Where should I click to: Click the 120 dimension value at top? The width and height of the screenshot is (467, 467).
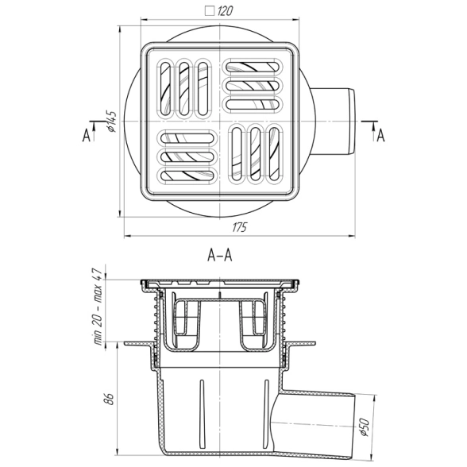[225, 11]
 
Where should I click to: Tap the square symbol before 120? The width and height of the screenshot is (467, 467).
[210, 11]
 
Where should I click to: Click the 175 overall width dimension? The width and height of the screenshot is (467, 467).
[240, 227]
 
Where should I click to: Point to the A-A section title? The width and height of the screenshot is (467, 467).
[220, 255]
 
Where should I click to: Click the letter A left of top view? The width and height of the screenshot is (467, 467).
[87, 136]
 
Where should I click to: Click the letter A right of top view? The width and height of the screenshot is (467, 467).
[381, 136]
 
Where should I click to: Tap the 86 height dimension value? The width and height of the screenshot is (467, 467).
[110, 399]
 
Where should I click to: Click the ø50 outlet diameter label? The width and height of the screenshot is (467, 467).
[365, 427]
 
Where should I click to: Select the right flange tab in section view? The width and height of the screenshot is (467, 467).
[300, 344]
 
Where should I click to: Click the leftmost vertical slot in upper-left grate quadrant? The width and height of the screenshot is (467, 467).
[165, 88]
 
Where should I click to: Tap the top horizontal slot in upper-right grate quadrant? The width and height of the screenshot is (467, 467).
[253, 67]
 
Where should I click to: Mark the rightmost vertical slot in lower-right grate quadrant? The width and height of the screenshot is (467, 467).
[274, 154]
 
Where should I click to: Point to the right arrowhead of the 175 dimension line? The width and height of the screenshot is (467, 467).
[353, 236]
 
